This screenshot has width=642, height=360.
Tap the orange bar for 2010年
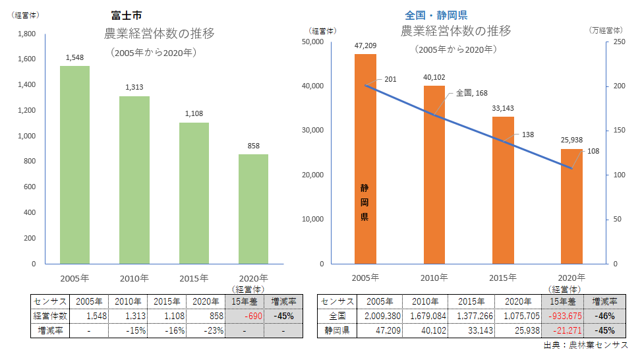click(x=434, y=175)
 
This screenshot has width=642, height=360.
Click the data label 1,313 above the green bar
click(x=134, y=86)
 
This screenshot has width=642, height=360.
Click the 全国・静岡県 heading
click(x=436, y=15)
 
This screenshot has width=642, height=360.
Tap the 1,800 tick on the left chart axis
click(x=26, y=34)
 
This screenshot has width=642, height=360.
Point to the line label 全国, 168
click(x=471, y=94)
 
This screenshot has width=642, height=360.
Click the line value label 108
click(x=593, y=151)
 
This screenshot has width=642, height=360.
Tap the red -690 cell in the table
click(x=245, y=316)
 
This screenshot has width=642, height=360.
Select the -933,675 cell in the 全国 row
click(x=566, y=316)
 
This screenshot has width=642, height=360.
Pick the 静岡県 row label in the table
click(x=336, y=330)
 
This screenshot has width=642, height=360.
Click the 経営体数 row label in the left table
click(x=49, y=316)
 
